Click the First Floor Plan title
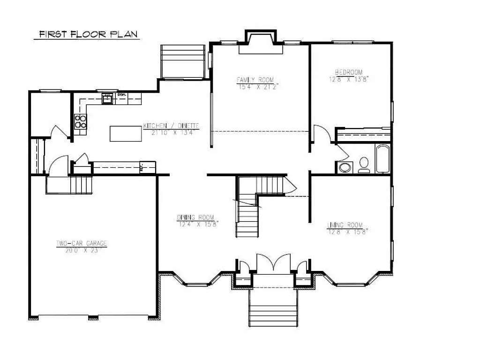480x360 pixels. coord(87,34)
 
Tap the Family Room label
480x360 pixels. coord(255,80)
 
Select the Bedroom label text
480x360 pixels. coord(348,72)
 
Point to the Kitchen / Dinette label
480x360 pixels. coord(171,126)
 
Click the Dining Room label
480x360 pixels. coord(195,217)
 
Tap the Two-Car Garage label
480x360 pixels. coord(82,243)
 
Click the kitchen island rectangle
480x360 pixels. coord(126,133)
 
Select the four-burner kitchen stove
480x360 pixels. coord(81,121)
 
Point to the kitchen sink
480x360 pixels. coord(107,98)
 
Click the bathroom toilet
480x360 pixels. coord(364,165)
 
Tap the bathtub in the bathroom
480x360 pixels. coord(382,158)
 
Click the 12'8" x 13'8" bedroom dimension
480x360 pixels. coord(349,79)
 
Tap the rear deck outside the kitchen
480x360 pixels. coord(183,62)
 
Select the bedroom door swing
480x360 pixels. coord(321,134)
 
